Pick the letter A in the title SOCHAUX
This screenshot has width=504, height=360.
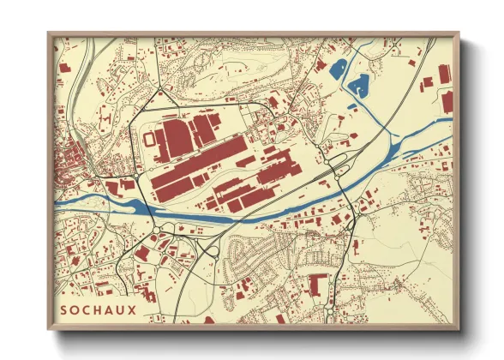(x=110, y=308)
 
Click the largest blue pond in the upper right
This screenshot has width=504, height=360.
(x=358, y=85)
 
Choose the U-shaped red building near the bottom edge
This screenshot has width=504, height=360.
(x=318, y=283)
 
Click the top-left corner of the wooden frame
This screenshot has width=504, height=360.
(x=50, y=34)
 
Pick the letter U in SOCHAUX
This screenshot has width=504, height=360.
(x=121, y=308)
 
